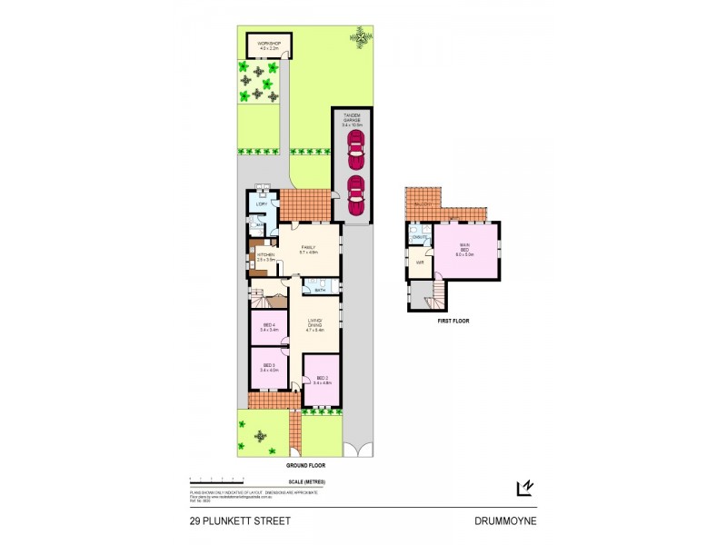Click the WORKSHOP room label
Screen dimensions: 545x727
266,43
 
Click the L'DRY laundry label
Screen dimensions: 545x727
261,204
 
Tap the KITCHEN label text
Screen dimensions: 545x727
265,255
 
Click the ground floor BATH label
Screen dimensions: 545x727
320,291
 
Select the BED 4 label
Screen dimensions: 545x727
268,325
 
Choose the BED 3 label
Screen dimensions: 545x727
268,366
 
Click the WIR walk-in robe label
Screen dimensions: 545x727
420,263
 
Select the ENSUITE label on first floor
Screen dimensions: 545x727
420,238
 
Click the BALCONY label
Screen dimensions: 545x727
421,206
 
